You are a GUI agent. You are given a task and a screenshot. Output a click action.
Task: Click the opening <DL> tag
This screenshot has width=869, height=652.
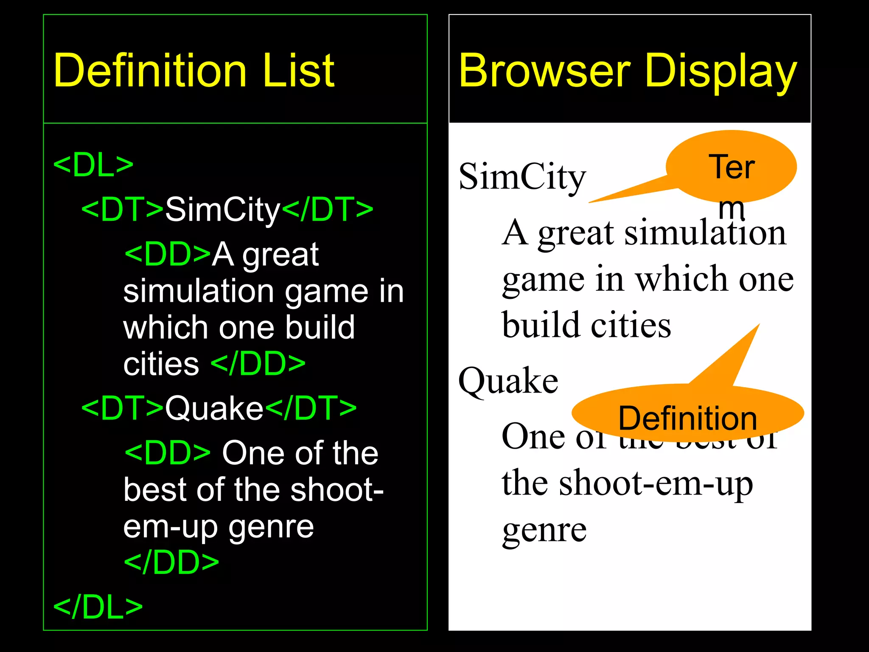[x=93, y=165]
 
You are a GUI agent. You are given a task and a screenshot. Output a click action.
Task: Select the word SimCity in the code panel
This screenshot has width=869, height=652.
[x=223, y=210]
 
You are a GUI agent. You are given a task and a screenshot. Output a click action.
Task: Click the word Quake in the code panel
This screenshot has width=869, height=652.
[x=214, y=408]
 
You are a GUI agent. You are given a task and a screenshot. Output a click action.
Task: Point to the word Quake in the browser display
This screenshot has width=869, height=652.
[x=508, y=381]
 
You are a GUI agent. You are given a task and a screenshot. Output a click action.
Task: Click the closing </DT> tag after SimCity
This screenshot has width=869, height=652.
[x=328, y=210]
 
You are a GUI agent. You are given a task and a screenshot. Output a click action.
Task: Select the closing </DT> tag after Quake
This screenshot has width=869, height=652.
[x=311, y=408]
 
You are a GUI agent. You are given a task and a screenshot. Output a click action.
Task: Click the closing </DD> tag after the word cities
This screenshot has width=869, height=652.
[x=258, y=364]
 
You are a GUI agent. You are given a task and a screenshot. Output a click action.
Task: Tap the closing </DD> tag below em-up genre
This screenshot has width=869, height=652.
[x=171, y=562]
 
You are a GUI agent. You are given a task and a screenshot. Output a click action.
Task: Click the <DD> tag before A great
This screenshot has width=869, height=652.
[x=168, y=255]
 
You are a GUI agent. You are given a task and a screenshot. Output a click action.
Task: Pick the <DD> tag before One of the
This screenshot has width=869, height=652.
[x=168, y=453]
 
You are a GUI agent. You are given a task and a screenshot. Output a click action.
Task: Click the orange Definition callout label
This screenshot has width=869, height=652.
[x=687, y=419]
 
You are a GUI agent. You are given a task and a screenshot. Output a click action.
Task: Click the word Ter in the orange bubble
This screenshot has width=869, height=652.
[x=732, y=167]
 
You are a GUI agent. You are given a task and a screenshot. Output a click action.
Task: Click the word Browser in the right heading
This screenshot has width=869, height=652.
[x=545, y=71]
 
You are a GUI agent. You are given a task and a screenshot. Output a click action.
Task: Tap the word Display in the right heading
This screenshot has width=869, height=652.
[x=721, y=71]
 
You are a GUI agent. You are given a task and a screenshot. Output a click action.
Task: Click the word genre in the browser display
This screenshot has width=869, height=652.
[x=544, y=531]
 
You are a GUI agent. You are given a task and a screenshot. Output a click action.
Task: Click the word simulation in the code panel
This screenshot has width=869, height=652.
[x=199, y=292]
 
